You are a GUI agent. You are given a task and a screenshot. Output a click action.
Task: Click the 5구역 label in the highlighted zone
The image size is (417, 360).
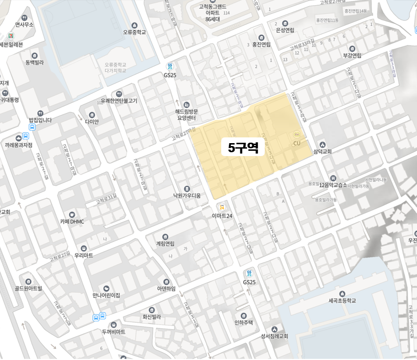pyautogui.click(x=243, y=148)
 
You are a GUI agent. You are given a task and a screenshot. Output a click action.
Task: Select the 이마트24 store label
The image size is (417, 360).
pyautogui.click(x=222, y=216)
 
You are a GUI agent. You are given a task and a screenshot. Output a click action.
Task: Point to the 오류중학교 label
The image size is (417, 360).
pyautogui.click(x=134, y=33)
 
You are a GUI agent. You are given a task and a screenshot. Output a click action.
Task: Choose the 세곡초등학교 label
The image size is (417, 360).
pyautogui.click(x=342, y=301)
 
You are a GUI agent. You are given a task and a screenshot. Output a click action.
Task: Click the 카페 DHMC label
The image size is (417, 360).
pyautogui.click(x=72, y=221)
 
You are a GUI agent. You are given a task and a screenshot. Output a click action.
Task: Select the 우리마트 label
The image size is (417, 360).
pyautogui.click(x=84, y=255)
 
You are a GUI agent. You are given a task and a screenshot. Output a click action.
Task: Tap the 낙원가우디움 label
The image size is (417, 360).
pyautogui.click(x=187, y=195)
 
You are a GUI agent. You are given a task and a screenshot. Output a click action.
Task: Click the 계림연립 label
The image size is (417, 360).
pyautogui.click(x=165, y=244)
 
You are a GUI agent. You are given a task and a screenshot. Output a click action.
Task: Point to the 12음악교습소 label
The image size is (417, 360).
pyautogui.click(x=333, y=185)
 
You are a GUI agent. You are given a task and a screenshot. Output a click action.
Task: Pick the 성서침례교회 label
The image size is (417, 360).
pyautogui.click(x=274, y=336)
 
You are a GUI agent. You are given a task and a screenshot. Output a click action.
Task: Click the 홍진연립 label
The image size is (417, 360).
pyautogui.click(x=261, y=44)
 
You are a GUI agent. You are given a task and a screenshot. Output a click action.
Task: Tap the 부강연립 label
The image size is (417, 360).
pyautogui.click(x=352, y=55)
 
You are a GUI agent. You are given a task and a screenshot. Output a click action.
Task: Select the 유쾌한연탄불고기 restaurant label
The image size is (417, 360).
pyautogui.click(x=119, y=101)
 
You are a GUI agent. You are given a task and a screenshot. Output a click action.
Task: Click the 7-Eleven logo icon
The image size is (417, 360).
pyautogui.click(x=10, y=36)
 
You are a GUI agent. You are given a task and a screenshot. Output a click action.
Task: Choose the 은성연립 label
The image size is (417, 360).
pyautogui.click(x=285, y=29)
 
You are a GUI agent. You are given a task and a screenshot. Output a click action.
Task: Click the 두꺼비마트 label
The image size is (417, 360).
pyautogui.click(x=113, y=331)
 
